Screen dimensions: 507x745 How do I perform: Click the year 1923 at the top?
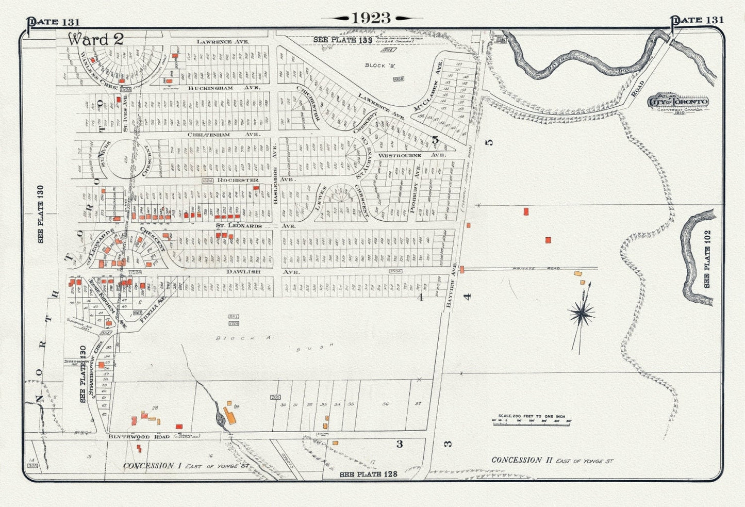tap(371, 18)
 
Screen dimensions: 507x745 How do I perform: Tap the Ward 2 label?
tap(95, 40)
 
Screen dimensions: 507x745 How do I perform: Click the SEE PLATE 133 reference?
tap(343, 40)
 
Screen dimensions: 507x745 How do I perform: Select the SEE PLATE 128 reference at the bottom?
tap(368, 474)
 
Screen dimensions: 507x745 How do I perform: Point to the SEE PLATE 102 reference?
tap(707, 259)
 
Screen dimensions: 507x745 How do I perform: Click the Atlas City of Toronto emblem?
tap(678, 102)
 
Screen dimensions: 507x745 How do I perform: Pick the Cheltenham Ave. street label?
tap(223, 134)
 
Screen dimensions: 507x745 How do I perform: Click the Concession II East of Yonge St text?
tap(552, 460)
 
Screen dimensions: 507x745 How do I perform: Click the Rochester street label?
tap(238, 180)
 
